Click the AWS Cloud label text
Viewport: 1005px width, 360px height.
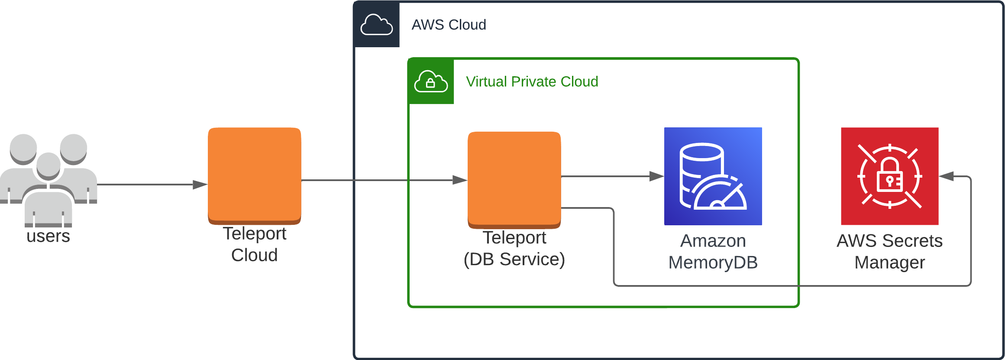(x=449, y=25)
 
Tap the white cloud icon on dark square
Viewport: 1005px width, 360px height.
(x=377, y=24)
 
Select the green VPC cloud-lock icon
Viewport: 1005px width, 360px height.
(x=431, y=81)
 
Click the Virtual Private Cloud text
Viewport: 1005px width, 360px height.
(x=532, y=81)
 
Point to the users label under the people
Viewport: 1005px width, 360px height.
(x=48, y=236)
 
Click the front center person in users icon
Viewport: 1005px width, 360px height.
(x=48, y=195)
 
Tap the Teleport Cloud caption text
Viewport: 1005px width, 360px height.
(x=255, y=244)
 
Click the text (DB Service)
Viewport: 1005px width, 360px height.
(x=514, y=259)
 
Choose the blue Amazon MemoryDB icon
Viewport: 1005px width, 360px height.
(x=713, y=176)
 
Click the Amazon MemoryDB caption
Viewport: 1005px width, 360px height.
(x=713, y=251)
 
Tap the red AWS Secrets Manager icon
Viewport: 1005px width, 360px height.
(x=889, y=176)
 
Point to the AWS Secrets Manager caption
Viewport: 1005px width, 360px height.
(x=889, y=251)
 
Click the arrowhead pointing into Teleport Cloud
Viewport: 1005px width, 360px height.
(x=200, y=185)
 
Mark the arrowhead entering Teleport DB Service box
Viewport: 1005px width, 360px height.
(x=459, y=180)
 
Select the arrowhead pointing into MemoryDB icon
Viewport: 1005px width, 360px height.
(x=656, y=176)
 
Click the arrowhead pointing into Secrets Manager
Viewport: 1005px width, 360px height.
(x=947, y=176)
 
